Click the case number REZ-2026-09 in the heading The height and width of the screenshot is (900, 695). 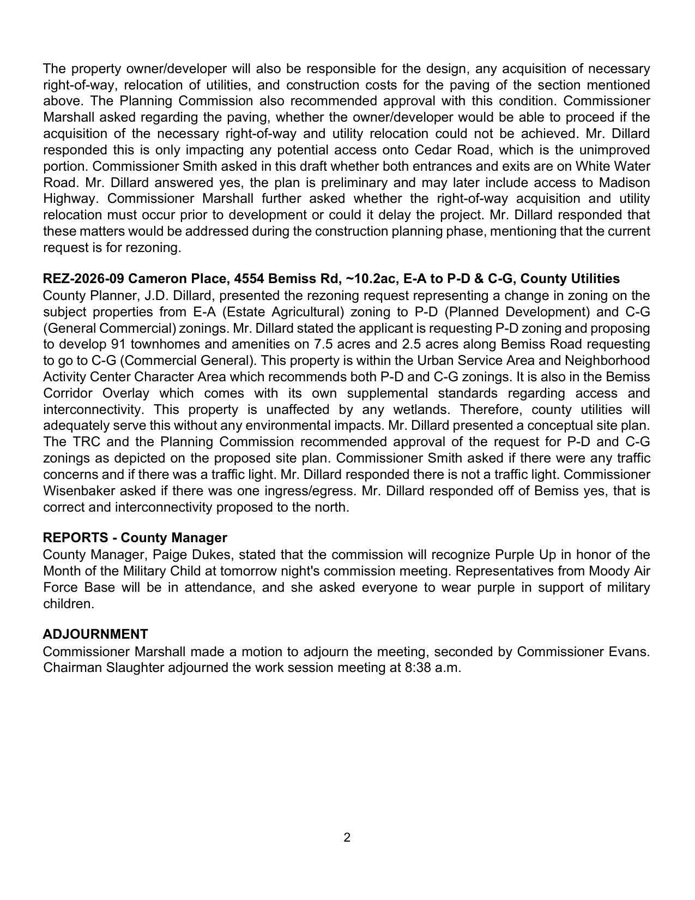point(83,279)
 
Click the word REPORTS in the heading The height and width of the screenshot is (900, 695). point(75,538)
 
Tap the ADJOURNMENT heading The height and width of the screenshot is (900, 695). point(95,634)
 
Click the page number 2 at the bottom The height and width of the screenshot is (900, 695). point(347,838)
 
